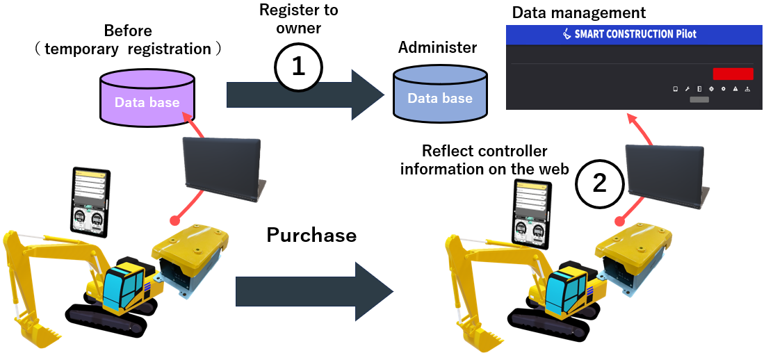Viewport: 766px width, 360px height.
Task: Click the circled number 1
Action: pos(298,67)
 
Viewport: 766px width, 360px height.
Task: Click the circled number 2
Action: pos(599,183)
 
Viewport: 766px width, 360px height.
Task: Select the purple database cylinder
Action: pos(147,98)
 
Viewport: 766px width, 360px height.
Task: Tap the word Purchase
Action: pos(311,236)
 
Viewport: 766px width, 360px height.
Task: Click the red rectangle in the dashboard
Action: pos(733,74)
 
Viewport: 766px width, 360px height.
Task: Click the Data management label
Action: pos(579,13)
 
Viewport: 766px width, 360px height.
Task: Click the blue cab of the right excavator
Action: pos(566,292)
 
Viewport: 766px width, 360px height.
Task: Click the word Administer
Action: pos(438,48)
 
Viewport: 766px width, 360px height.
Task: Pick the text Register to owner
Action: pos(299,19)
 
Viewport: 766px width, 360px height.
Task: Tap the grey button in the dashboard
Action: pos(699,101)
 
